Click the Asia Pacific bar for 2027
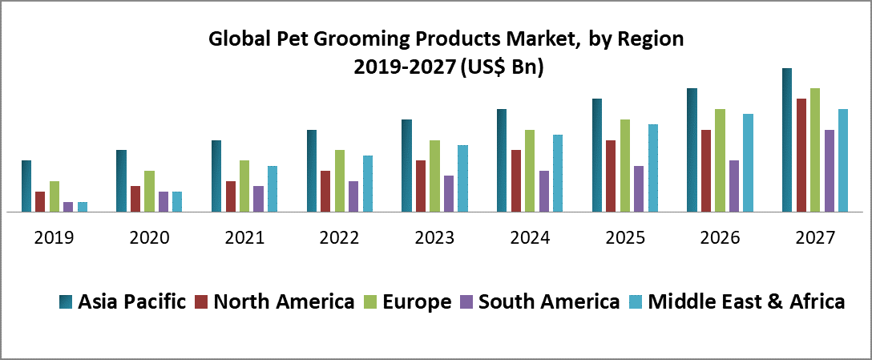click(787, 140)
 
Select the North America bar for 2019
click(40, 202)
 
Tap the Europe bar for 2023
click(434, 176)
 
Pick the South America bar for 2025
click(639, 189)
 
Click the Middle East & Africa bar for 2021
click(272, 189)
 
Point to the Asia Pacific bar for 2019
click(26, 186)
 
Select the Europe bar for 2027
click(815, 150)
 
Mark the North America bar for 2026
click(706, 171)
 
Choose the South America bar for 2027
click(830, 171)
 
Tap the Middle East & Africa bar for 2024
click(558, 173)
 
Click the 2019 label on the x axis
click(54, 238)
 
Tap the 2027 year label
click(815, 238)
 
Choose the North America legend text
click(284, 301)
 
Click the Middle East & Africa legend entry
click(746, 301)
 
